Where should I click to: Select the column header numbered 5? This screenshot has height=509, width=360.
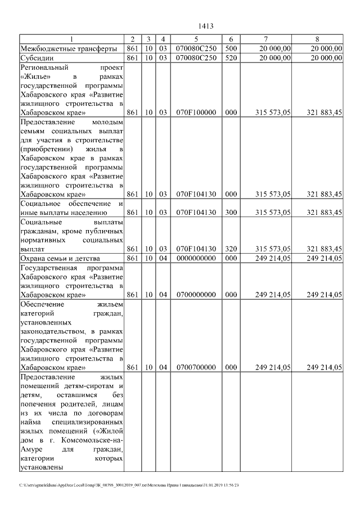[196, 39]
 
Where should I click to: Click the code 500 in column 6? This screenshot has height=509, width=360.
[231, 48]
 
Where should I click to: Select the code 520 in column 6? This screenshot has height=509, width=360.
[231, 57]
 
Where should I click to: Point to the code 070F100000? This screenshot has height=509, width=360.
[196, 112]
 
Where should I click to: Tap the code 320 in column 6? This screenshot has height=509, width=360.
[231, 248]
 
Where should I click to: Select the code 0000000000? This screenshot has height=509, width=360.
[196, 258]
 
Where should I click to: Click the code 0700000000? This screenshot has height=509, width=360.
[196, 294]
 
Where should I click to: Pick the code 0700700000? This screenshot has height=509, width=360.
[196, 367]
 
